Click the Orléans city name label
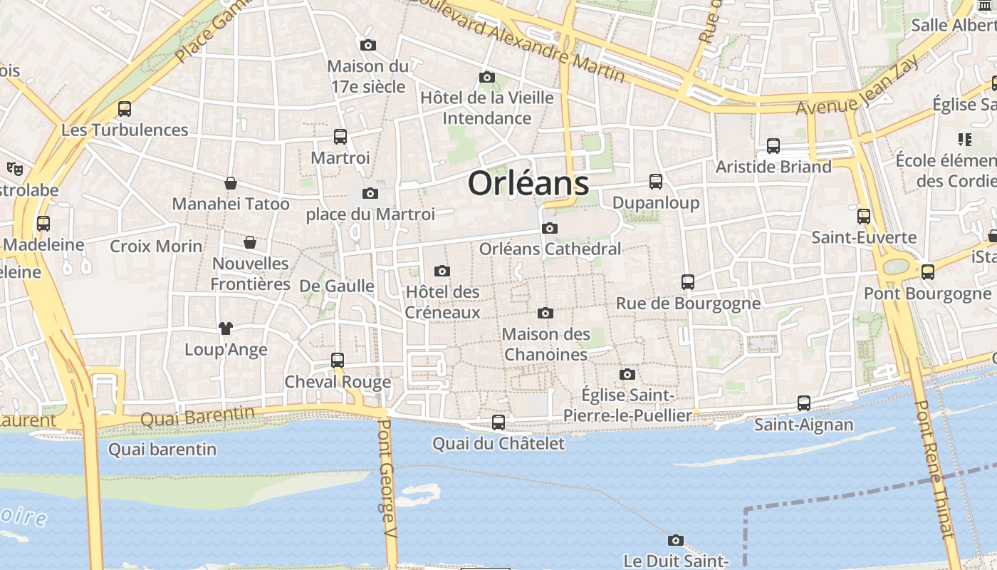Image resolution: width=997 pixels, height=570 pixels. [528, 183]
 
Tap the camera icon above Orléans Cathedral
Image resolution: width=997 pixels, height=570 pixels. [549, 228]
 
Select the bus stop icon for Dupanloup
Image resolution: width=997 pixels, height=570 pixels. [656, 182]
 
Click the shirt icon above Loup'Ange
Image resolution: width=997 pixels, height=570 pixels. [226, 328]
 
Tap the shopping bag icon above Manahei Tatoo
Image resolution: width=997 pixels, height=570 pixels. [231, 183]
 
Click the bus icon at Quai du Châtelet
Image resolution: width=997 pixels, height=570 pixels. [499, 423]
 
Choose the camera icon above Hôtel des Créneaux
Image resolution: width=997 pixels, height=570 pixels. [442, 271]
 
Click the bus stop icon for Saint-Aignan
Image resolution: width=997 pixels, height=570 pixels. [804, 403]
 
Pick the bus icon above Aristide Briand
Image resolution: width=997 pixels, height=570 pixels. [773, 146]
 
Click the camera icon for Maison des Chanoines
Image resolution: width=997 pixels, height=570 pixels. [546, 313]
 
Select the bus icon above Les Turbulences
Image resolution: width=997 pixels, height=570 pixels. [125, 109]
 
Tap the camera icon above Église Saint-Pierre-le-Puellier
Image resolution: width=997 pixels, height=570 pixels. [627, 374]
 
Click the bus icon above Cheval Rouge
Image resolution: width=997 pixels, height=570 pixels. [338, 361]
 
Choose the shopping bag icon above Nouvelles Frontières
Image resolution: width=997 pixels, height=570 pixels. [250, 242]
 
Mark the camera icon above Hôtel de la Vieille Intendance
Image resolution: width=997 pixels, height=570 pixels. [487, 77]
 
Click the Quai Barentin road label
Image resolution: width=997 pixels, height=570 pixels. [197, 415]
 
